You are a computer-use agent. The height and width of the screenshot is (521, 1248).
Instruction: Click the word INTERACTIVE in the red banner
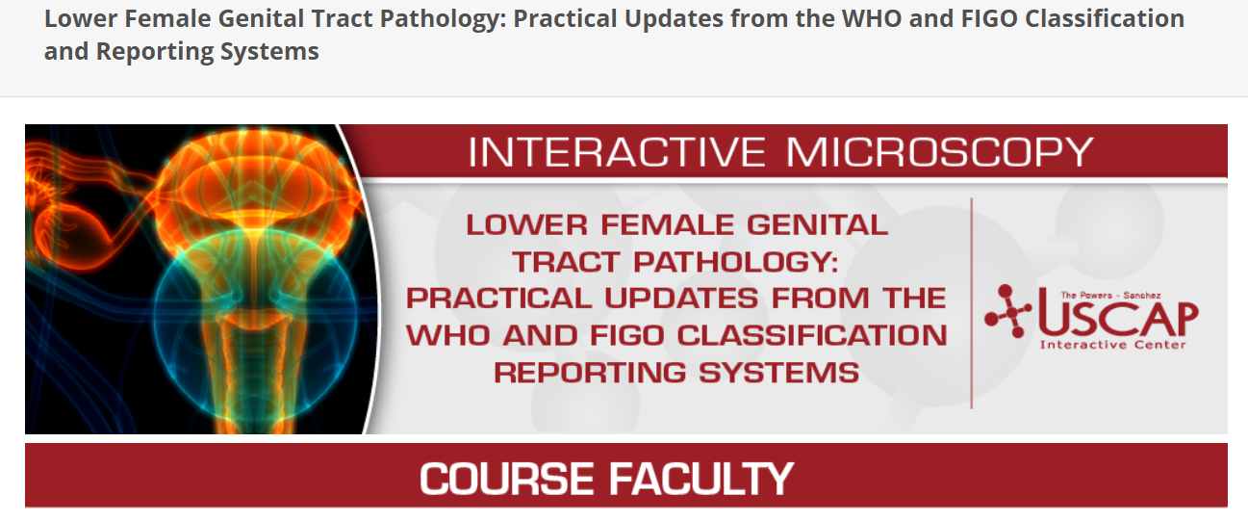click(x=617, y=152)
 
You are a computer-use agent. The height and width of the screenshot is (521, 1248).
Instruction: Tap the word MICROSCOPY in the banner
click(x=940, y=152)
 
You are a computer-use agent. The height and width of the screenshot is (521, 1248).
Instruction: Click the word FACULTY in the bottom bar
click(x=700, y=479)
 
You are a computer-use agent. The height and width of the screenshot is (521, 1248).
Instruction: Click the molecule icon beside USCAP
click(x=1007, y=311)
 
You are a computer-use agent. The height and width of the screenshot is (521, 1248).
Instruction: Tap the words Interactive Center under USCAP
click(x=1112, y=345)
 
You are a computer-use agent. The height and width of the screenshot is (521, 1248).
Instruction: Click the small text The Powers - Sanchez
click(x=1110, y=295)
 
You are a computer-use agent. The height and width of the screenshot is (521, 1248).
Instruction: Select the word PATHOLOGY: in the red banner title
click(x=735, y=262)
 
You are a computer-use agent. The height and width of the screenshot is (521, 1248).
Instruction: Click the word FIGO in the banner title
click(x=626, y=335)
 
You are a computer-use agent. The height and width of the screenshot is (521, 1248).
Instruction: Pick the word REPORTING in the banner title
click(x=591, y=373)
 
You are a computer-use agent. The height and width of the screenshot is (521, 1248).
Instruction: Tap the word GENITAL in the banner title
click(x=817, y=224)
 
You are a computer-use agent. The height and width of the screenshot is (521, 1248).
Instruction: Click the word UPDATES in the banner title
click(x=681, y=299)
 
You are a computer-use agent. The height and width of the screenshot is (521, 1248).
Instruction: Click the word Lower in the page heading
click(x=81, y=19)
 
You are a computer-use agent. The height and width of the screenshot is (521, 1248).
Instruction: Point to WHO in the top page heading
click(x=870, y=19)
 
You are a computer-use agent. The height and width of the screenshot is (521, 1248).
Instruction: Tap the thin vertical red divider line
click(x=972, y=303)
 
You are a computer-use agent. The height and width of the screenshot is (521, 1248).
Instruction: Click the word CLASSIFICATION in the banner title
click(x=812, y=335)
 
